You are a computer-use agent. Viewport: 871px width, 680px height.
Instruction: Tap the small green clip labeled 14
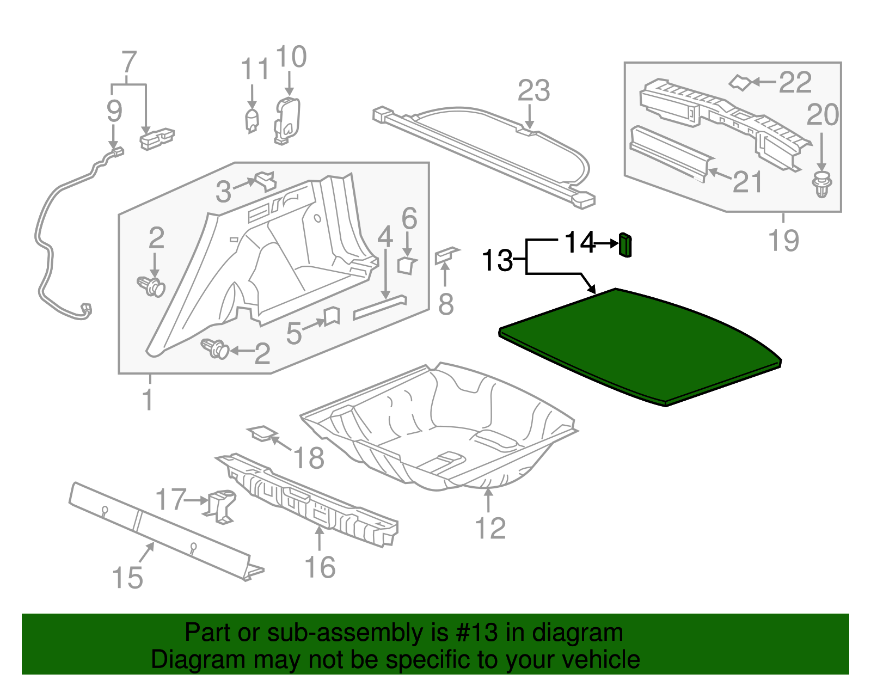pyautogui.click(x=625, y=244)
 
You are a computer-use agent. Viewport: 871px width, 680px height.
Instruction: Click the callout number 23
pyautogui.click(x=533, y=90)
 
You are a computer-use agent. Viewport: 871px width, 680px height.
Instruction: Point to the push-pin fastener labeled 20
pyautogui.click(x=821, y=184)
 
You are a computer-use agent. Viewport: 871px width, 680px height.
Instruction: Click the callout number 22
pyautogui.click(x=795, y=83)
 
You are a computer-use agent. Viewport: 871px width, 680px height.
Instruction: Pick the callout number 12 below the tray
pyautogui.click(x=490, y=528)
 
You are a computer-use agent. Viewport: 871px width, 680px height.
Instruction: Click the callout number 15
pyautogui.click(x=127, y=578)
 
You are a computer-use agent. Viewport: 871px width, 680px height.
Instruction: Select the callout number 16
pyautogui.click(x=320, y=567)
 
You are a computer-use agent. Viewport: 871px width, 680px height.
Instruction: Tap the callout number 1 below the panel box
pyautogui.click(x=148, y=400)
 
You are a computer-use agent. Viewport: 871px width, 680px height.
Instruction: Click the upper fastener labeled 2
pyautogui.click(x=151, y=286)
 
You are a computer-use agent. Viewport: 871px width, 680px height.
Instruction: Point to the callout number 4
pyautogui.click(x=385, y=237)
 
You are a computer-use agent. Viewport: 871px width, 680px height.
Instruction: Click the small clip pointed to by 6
pyautogui.click(x=407, y=265)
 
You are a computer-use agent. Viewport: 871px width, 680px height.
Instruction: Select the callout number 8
pyautogui.click(x=446, y=304)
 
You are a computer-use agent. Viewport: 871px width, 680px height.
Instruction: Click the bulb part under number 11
pyautogui.click(x=251, y=120)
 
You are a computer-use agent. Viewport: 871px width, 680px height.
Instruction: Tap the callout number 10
pyautogui.click(x=291, y=57)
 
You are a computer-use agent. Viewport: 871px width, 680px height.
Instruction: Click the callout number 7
pyautogui.click(x=128, y=62)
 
